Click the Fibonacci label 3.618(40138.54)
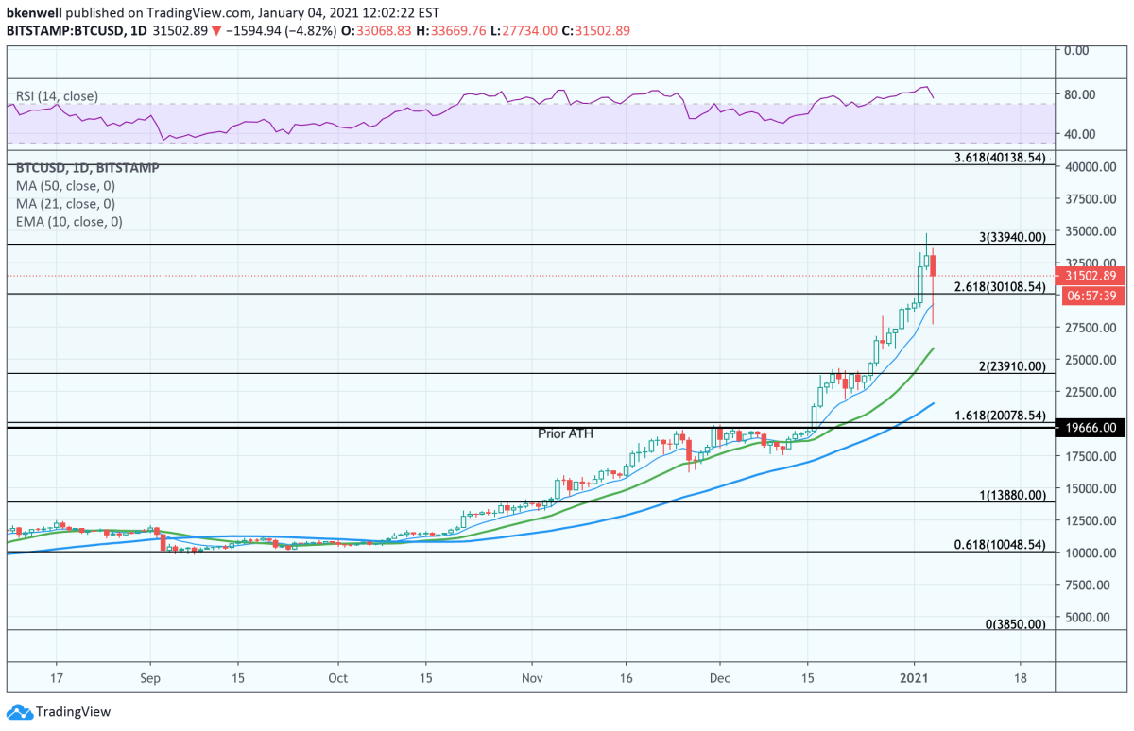[1000, 158]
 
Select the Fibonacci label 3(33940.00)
[1012, 237]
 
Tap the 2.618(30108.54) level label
[1000, 287]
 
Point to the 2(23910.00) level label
[1012, 366]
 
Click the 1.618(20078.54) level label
[1000, 416]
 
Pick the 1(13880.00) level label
[1012, 495]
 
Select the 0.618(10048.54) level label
[1000, 545]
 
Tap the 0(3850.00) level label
[1016, 624]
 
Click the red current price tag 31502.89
[1091, 276]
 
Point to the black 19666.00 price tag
[1091, 427]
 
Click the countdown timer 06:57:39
[1091, 296]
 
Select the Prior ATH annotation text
[565, 433]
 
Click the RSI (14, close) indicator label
[57, 96]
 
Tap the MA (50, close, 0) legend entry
[65, 186]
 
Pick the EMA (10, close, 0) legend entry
[69, 222]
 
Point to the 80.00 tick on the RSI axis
[1079, 94]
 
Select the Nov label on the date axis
[532, 678]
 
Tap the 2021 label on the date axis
[914, 678]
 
